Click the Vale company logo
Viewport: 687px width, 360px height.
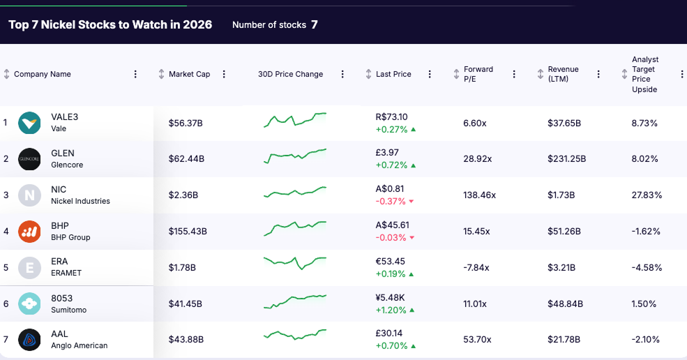tap(29, 123)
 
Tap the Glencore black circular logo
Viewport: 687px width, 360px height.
tap(29, 159)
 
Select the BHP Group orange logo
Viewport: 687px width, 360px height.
tap(29, 231)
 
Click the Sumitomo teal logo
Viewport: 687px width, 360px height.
tap(29, 303)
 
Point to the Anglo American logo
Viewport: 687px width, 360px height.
tap(29, 340)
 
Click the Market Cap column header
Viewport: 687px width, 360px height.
tap(189, 74)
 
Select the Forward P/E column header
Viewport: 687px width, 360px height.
tap(478, 74)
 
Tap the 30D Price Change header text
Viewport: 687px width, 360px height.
tap(290, 74)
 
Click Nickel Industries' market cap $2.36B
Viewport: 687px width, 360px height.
tap(183, 195)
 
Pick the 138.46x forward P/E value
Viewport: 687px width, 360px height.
tap(479, 195)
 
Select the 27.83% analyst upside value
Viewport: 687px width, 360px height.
tap(647, 195)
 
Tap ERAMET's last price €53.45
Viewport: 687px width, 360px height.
tap(390, 261)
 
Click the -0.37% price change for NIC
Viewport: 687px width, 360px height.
tap(391, 202)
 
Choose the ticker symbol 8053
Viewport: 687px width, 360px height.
tap(62, 298)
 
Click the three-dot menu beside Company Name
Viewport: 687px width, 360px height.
tap(135, 74)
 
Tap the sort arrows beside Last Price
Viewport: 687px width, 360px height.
tap(369, 74)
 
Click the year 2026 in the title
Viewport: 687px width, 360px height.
tap(197, 24)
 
